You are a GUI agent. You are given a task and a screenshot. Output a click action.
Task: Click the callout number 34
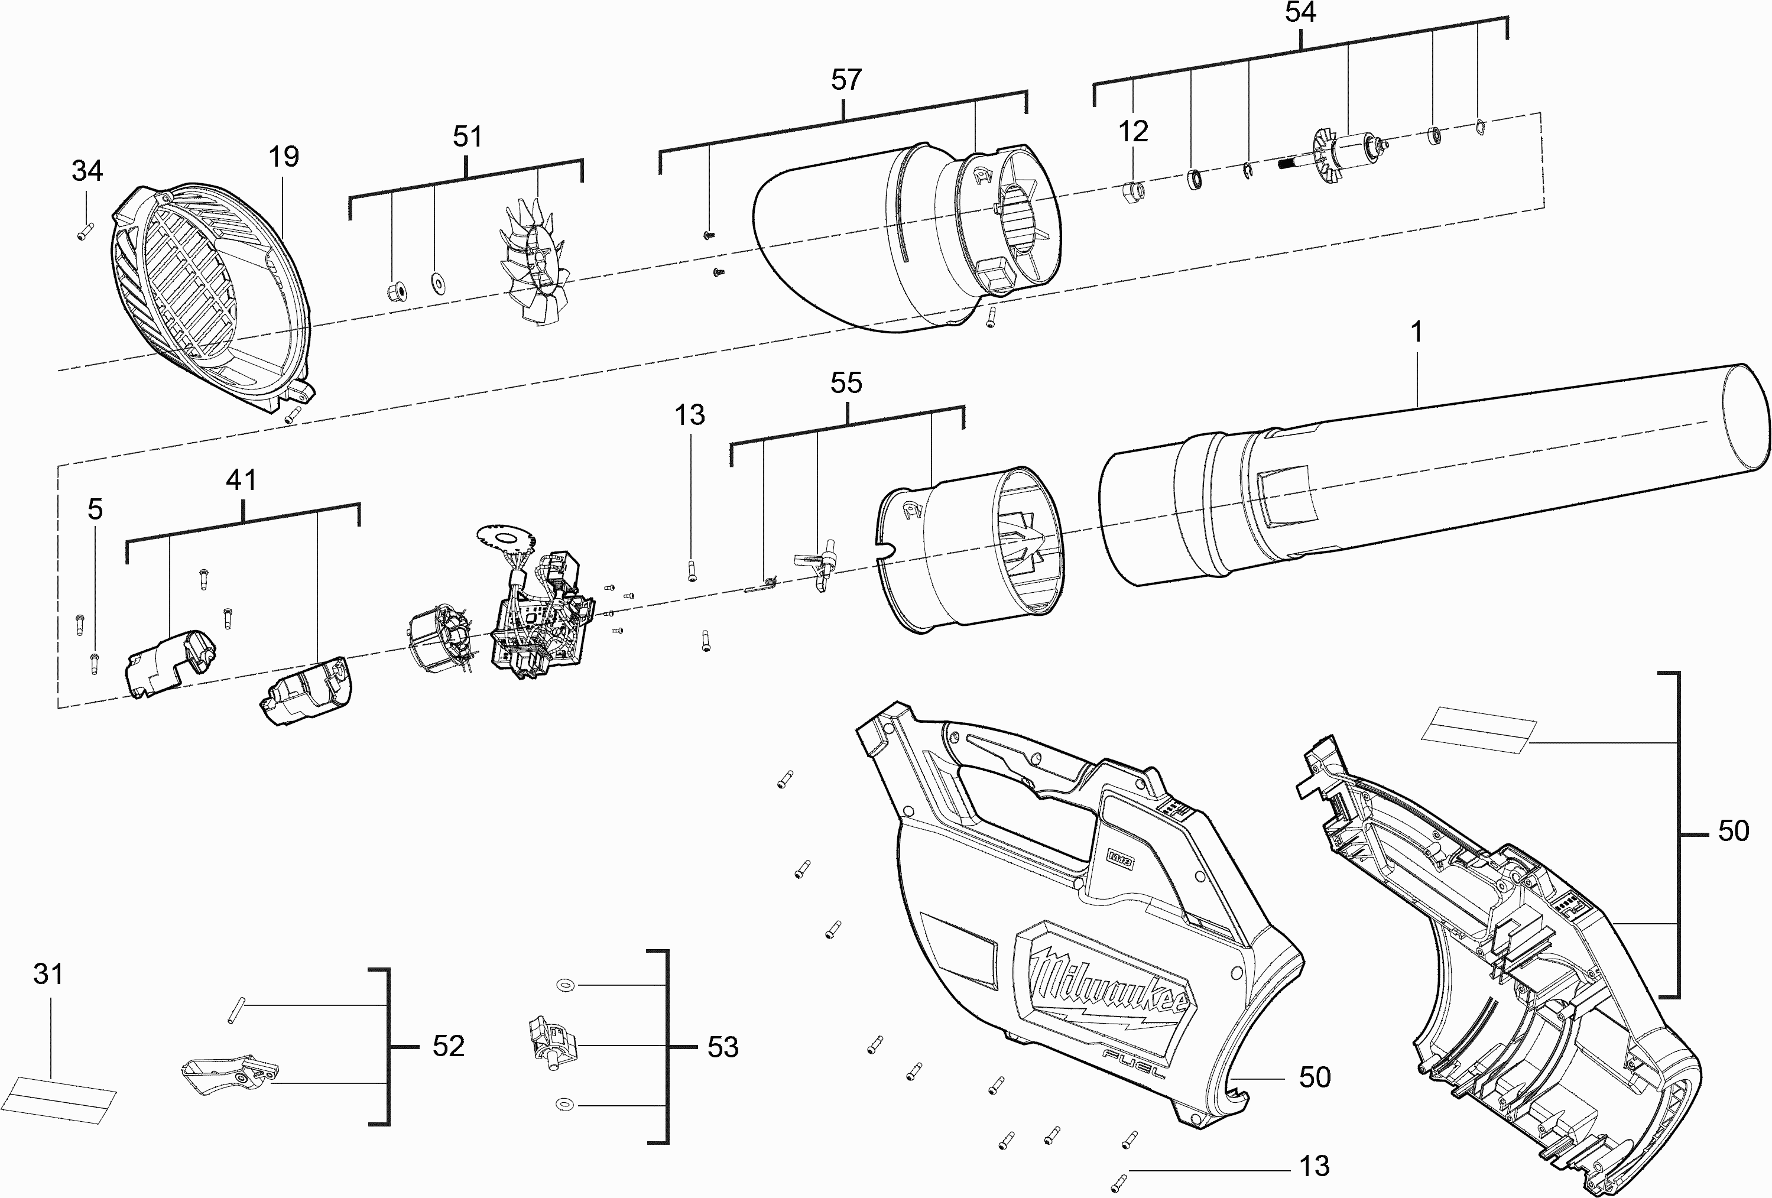[x=87, y=171]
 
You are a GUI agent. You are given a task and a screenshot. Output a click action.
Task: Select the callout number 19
[x=284, y=157]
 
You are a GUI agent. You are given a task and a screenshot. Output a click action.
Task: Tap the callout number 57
[x=846, y=80]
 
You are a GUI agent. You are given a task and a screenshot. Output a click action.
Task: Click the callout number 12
[x=1133, y=132]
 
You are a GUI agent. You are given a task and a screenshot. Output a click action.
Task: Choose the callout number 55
[x=846, y=383]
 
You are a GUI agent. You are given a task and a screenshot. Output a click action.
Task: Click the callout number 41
[x=241, y=481]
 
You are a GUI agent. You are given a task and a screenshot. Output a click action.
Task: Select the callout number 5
[x=95, y=509]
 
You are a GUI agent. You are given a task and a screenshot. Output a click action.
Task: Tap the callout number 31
[x=48, y=974]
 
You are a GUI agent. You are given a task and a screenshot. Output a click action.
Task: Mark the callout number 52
[x=449, y=1046]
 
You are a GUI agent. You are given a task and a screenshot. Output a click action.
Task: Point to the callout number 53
[x=723, y=1047]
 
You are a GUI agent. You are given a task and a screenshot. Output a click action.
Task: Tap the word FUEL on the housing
[x=1134, y=1062]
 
